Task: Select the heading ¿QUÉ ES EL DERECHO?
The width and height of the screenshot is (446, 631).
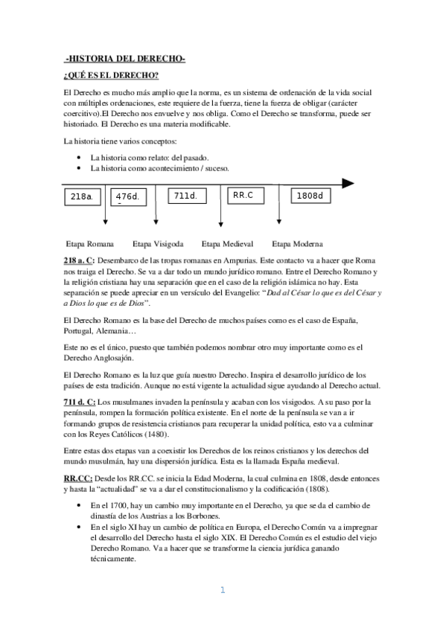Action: (111, 76)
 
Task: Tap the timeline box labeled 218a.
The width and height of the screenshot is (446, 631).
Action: (83, 196)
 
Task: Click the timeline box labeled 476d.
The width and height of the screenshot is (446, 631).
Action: (129, 197)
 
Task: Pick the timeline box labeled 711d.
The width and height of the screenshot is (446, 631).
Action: (185, 196)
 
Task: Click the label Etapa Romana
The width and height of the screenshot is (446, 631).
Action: (90, 243)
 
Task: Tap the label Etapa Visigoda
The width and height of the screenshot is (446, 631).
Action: (158, 243)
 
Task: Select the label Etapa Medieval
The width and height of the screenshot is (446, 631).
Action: (227, 243)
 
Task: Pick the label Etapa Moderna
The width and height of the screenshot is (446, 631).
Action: (297, 243)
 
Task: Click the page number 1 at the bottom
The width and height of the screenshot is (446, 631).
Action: (221, 591)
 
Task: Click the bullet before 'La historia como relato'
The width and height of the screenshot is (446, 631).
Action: (79, 158)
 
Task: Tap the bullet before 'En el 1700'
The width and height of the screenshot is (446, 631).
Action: (79, 505)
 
